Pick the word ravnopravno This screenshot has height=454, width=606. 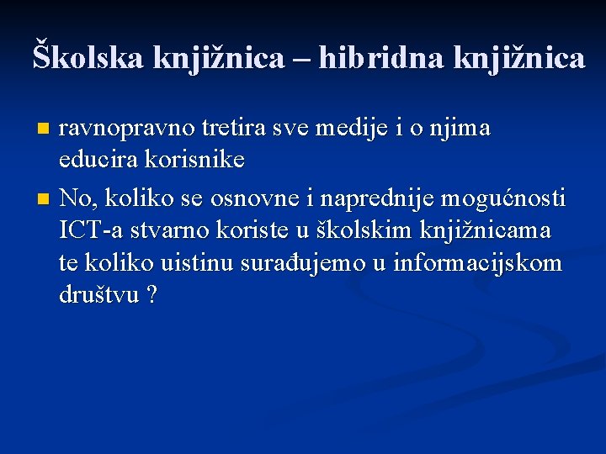127,129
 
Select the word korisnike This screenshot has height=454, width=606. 192,159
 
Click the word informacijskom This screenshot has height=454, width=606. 478,263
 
